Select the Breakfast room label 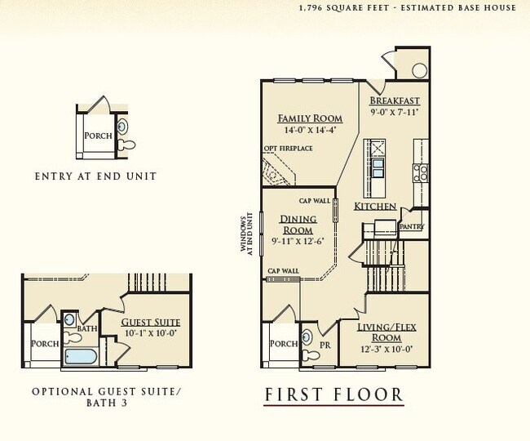pyautogui.click(x=395, y=100)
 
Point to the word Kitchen pyautogui.click(x=374, y=207)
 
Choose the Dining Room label pyautogui.click(x=298, y=225)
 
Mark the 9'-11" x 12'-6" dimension pyautogui.click(x=298, y=240)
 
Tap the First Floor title pyautogui.click(x=333, y=396)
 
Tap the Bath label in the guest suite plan pyautogui.click(x=87, y=328)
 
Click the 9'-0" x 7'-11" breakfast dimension pyautogui.click(x=395, y=111)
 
